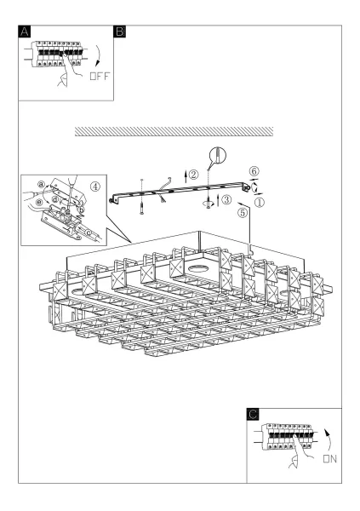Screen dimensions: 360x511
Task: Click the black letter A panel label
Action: point(24,32)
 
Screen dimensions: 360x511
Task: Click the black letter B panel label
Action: point(119,32)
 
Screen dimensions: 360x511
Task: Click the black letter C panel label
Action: point(253,414)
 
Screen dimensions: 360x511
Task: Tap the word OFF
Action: point(100,77)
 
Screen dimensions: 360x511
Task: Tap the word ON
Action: point(329,459)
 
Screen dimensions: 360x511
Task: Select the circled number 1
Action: point(260,203)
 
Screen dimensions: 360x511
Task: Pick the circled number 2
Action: point(193,175)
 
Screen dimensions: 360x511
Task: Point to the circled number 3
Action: point(226,199)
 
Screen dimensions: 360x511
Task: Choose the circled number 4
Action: point(95,187)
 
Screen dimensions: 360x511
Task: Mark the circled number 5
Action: point(243,213)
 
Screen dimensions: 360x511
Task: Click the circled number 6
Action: point(254,171)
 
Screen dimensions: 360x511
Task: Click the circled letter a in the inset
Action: point(41,185)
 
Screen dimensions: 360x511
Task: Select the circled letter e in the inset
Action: point(39,203)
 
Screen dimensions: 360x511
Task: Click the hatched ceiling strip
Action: point(174,131)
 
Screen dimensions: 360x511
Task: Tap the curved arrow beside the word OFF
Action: point(99,55)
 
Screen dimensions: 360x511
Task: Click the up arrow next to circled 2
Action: point(186,176)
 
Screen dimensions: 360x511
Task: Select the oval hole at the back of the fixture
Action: point(198,268)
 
